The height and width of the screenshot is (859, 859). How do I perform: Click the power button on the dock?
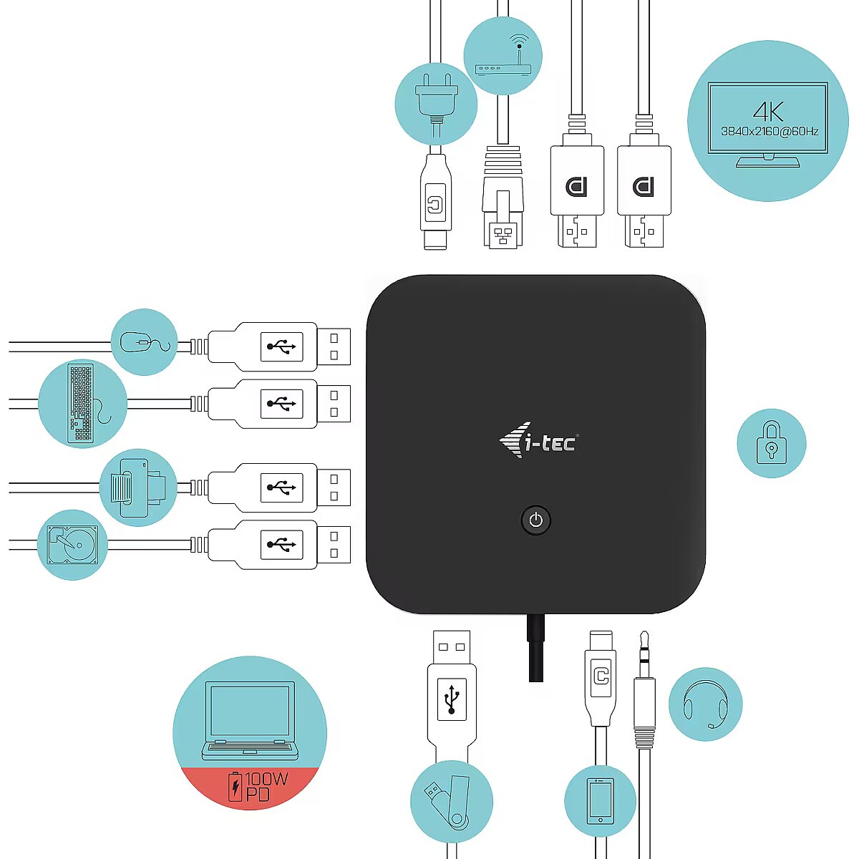(x=535, y=520)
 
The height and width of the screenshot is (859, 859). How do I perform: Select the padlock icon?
(x=771, y=442)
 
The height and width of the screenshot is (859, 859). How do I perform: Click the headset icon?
(x=705, y=705)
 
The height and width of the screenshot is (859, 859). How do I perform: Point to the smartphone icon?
(x=600, y=801)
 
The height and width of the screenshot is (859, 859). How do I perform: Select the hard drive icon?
(x=73, y=545)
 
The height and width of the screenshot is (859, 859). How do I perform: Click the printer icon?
(x=137, y=487)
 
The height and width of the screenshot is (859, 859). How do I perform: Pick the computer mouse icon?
(x=145, y=342)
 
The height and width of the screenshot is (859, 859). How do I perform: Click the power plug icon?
(x=437, y=105)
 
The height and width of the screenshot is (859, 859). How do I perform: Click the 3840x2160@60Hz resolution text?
(x=770, y=132)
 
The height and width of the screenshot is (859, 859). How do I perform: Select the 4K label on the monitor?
(x=768, y=112)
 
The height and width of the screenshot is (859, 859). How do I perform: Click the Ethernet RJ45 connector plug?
(x=503, y=197)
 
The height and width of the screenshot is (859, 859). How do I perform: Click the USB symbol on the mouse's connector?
(x=281, y=346)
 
